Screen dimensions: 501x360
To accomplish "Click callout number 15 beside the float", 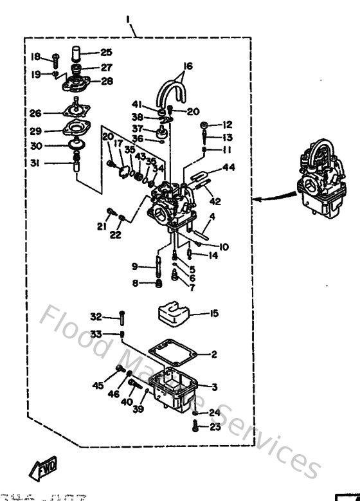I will (x=214, y=313).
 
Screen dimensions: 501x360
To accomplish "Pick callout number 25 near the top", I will (x=105, y=53).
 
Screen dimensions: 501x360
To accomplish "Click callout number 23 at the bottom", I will (x=215, y=426).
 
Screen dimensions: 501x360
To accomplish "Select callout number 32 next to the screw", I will (x=96, y=316).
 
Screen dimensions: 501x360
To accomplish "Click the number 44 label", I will (x=229, y=168).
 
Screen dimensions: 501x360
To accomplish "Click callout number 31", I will (x=36, y=163).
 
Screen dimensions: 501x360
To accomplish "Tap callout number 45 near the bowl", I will (x=98, y=385).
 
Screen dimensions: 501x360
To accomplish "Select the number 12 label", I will (x=227, y=124).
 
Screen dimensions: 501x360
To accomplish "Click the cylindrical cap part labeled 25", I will (x=75, y=53).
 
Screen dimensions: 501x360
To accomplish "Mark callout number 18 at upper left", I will (x=35, y=57).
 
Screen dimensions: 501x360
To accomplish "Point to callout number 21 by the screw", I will (x=101, y=226).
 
